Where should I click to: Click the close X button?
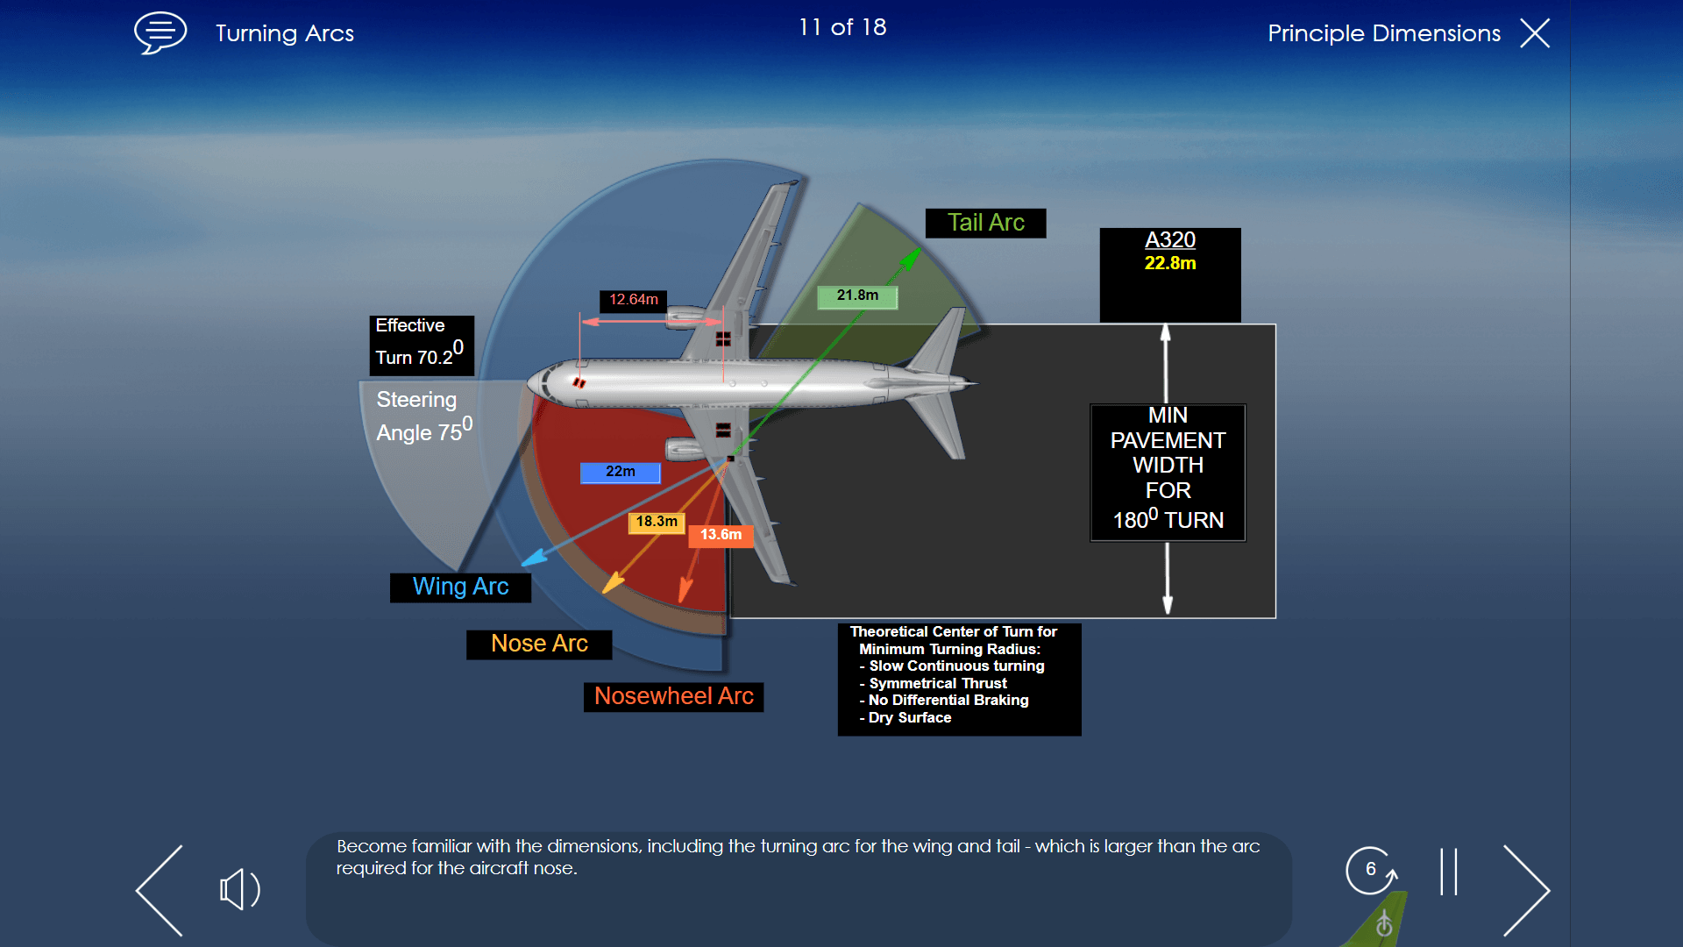(x=1535, y=33)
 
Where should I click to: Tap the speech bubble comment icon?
(x=160, y=32)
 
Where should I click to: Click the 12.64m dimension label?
(x=633, y=300)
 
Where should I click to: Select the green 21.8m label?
(x=857, y=296)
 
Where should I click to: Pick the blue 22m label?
(x=620, y=472)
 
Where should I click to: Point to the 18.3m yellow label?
(x=657, y=522)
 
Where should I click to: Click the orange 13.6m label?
(x=721, y=535)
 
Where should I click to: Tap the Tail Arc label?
(x=985, y=223)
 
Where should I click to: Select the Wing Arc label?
(x=460, y=587)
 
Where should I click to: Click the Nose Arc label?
(x=539, y=644)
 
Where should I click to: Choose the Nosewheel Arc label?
(x=673, y=696)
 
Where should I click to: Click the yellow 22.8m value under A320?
(x=1169, y=263)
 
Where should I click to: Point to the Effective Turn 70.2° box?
(x=421, y=345)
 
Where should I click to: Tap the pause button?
(x=1448, y=872)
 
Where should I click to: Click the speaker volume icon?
(x=238, y=889)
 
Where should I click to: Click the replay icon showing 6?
(x=1370, y=870)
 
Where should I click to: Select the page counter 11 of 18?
(x=841, y=28)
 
